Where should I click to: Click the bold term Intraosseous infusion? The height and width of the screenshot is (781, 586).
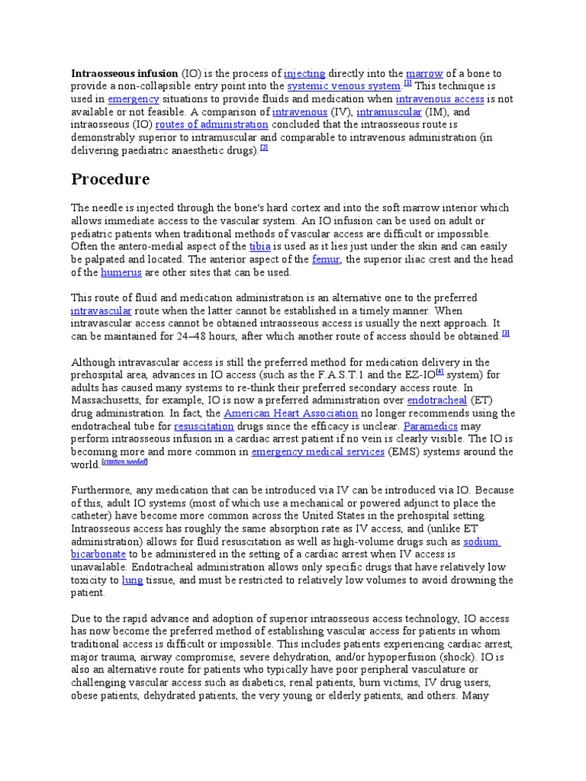tap(124, 74)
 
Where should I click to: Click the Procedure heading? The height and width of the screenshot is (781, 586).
tap(111, 180)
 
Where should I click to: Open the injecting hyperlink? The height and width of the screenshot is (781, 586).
tap(304, 74)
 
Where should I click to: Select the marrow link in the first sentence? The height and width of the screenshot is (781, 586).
tap(424, 74)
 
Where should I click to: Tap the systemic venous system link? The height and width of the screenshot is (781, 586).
tap(343, 86)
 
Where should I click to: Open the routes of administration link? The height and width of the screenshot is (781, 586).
tap(211, 124)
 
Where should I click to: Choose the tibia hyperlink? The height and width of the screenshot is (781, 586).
tap(259, 246)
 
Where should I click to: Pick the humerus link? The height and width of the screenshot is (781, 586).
tap(121, 272)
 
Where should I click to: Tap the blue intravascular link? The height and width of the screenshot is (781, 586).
tap(101, 311)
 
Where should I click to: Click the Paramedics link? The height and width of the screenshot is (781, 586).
tap(432, 426)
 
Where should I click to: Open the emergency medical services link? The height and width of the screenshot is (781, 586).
tap(317, 452)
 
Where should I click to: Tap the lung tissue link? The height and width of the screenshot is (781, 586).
tap(132, 580)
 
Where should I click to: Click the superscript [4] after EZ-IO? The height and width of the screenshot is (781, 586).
tap(439, 372)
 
